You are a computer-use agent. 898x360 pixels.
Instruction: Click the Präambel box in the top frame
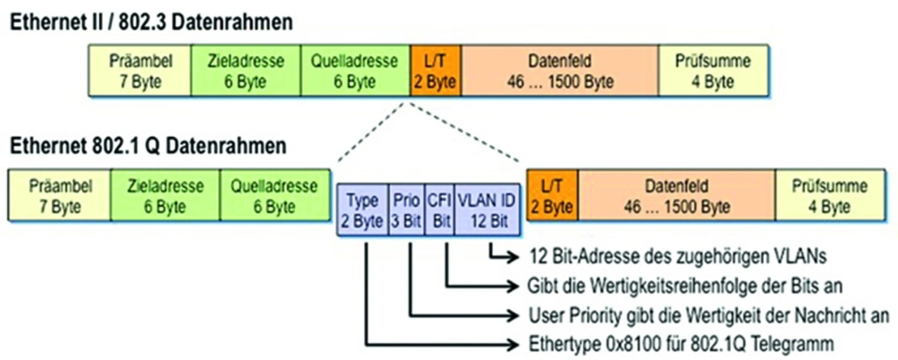click(x=140, y=71)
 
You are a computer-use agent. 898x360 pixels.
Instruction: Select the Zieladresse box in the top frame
click(x=246, y=71)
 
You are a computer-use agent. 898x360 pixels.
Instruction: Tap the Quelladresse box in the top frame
click(x=355, y=71)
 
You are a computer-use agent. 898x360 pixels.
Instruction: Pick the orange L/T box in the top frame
click(x=436, y=71)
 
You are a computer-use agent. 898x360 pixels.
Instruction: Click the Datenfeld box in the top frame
click(x=560, y=71)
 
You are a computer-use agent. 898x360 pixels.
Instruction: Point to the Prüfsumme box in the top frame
click(x=713, y=71)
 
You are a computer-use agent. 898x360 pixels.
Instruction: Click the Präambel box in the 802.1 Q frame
click(x=60, y=195)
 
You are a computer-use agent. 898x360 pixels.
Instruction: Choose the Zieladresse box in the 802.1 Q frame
click(x=165, y=195)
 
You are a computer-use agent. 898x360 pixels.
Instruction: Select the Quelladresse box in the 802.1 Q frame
click(x=275, y=195)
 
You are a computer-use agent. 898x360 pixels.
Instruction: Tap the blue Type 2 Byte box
click(x=363, y=210)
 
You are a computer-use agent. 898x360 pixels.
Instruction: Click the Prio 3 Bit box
click(x=406, y=210)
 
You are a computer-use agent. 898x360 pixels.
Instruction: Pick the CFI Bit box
click(x=439, y=210)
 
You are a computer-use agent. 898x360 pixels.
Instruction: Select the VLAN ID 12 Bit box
click(x=487, y=210)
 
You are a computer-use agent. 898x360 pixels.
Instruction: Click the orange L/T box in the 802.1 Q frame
click(x=552, y=195)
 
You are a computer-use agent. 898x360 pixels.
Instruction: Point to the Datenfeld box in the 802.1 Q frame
click(x=677, y=195)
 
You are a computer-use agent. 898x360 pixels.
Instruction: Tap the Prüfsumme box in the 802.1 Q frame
click(x=830, y=195)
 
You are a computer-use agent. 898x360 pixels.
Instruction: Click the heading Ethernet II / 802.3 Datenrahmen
click(x=151, y=22)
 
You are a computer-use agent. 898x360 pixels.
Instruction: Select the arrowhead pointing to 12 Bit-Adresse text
click(x=513, y=257)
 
